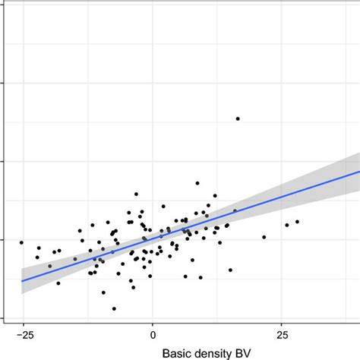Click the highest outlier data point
click(x=238, y=118)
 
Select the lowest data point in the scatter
click(x=114, y=309)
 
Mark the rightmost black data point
click(x=297, y=222)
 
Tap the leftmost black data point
click(x=21, y=242)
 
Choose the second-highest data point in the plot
click(x=197, y=183)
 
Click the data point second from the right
click(x=287, y=225)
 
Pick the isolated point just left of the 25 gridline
click(x=264, y=237)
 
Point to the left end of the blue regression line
click(x=21, y=280)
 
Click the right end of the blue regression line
click(x=359, y=172)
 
